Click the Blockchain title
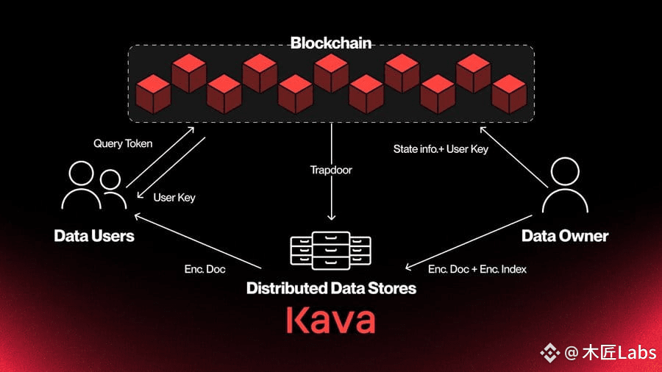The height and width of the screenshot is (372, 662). point(331,43)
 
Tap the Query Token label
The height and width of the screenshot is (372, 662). point(123,143)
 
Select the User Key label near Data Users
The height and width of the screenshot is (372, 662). point(174,197)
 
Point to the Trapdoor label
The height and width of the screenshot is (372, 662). point(331,170)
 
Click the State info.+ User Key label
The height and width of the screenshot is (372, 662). point(441,149)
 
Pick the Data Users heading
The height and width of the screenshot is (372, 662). point(94,236)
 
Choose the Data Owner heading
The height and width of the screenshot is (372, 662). point(565,236)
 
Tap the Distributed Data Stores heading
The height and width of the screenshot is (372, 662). point(332,288)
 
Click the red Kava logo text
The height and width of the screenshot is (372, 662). point(330,320)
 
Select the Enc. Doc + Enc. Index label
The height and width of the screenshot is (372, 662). point(477,269)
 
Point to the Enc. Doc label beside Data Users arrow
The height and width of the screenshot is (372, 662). point(204,269)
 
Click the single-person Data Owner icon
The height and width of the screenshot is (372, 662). point(565,185)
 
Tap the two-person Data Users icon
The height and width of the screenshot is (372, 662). point(93,185)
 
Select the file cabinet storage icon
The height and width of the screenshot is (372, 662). point(330,251)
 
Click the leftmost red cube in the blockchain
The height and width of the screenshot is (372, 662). point(153,94)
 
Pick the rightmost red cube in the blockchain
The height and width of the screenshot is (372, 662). point(509,94)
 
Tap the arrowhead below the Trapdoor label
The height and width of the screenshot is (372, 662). point(332,217)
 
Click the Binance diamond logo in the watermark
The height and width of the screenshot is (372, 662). point(549,353)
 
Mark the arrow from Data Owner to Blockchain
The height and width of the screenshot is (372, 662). point(514,157)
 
